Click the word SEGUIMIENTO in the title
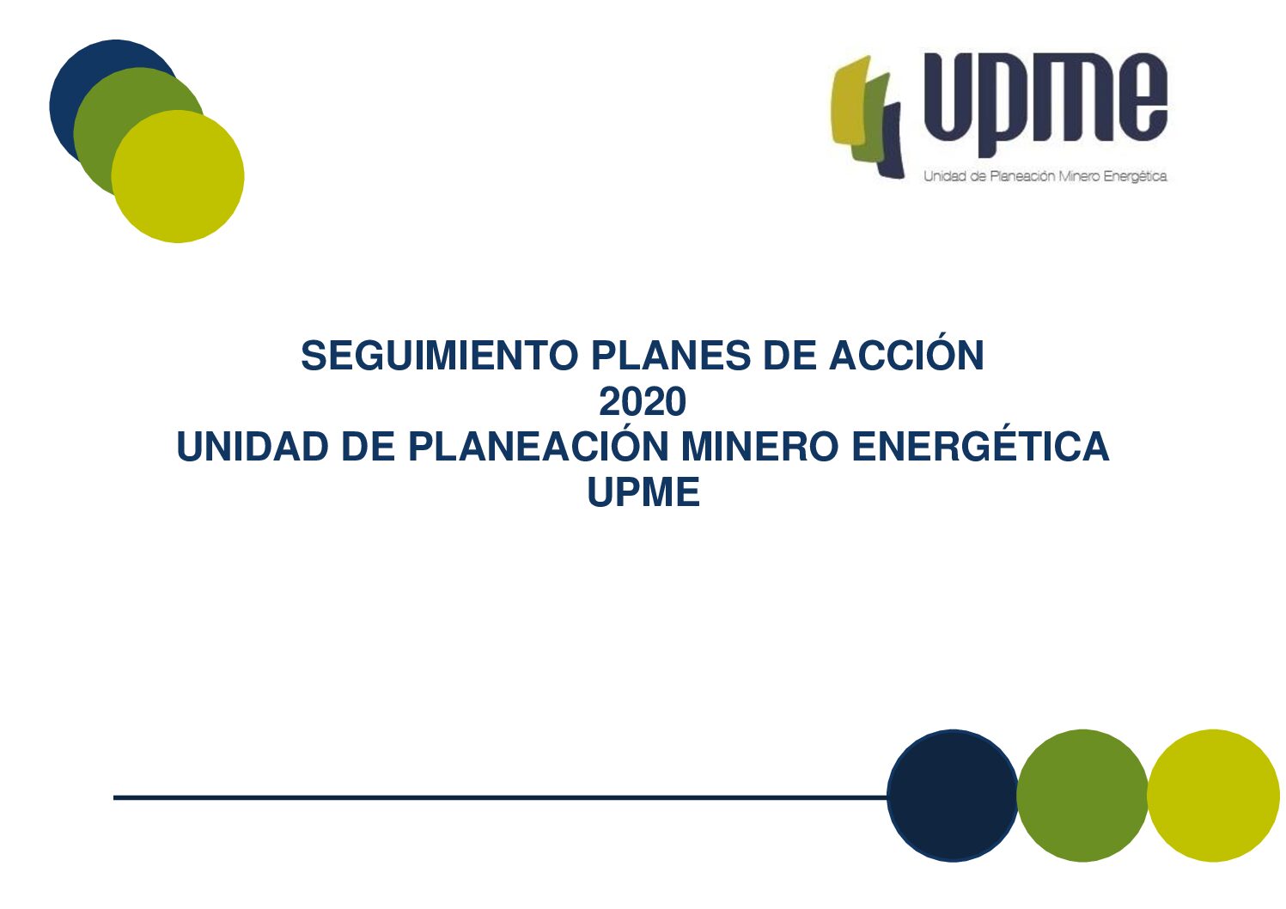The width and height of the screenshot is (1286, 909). click(x=440, y=356)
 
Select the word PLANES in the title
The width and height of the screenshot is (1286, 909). click(x=671, y=356)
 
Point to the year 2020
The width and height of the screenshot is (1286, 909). click(x=643, y=401)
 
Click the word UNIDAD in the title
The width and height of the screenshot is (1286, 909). click(x=253, y=447)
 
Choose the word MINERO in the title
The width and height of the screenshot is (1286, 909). click(x=760, y=447)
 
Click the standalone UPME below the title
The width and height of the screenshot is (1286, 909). click(x=643, y=492)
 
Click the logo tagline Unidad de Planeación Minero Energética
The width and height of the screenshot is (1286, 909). click(x=1045, y=176)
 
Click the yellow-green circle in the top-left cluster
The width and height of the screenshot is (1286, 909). click(x=178, y=176)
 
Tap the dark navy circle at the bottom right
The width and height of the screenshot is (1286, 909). click(x=953, y=796)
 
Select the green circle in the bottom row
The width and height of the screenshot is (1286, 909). click(x=1082, y=796)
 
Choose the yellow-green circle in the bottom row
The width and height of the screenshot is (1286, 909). click(x=1214, y=796)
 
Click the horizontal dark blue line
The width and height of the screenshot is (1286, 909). click(x=500, y=797)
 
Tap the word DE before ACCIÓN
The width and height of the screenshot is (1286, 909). click(x=790, y=356)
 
